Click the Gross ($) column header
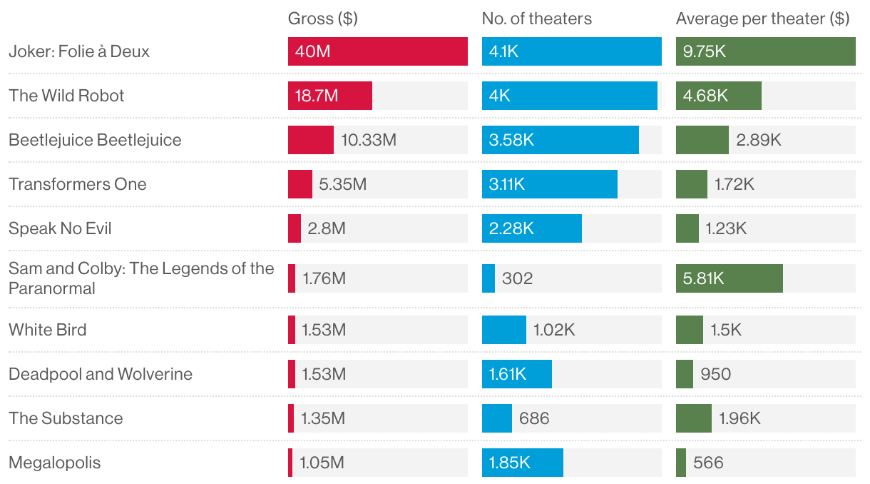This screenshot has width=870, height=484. pyautogui.click(x=322, y=19)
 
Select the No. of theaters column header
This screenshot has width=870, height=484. pyautogui.click(x=536, y=19)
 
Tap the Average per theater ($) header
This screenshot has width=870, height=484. pyautogui.click(x=762, y=19)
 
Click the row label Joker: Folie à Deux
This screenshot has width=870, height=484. pyautogui.click(x=79, y=51)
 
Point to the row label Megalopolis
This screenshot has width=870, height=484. pyautogui.click(x=55, y=463)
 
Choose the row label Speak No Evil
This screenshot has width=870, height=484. pyautogui.click(x=60, y=228)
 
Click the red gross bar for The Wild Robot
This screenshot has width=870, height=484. pyautogui.click(x=330, y=96)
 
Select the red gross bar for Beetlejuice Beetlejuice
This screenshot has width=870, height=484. pyautogui.click(x=310, y=140)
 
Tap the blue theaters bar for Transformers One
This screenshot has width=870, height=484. pyautogui.click(x=549, y=184)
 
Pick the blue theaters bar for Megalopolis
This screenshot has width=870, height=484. pyautogui.click(x=522, y=463)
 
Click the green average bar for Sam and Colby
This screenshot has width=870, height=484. pyautogui.click(x=729, y=278)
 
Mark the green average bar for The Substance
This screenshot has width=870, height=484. pyautogui.click(x=693, y=418)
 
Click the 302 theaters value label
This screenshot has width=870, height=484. pyautogui.click(x=517, y=278)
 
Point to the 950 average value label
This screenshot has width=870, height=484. pyautogui.click(x=715, y=374)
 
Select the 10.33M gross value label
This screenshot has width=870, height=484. pyautogui.click(x=368, y=140)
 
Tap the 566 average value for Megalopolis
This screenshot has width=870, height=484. pyautogui.click(x=708, y=463)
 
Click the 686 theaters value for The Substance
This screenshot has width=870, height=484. pyautogui.click(x=534, y=418)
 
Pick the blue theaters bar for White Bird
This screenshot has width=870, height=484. pyautogui.click(x=503, y=330)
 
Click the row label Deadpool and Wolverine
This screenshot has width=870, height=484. pyautogui.click(x=101, y=374)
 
